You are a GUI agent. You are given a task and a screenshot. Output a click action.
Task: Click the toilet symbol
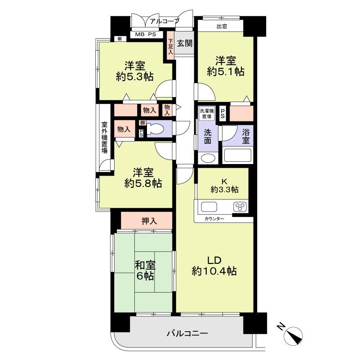click(x=155, y=129)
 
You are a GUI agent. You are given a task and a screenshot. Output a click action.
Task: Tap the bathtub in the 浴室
click(x=237, y=156)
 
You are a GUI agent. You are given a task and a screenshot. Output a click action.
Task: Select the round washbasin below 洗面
click(x=208, y=158)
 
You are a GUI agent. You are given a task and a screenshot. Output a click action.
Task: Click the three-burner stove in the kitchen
click(x=240, y=206)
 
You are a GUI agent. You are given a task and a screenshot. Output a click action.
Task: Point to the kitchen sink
click(x=209, y=207)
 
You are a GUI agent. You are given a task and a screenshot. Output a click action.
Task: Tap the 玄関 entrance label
click(x=185, y=43)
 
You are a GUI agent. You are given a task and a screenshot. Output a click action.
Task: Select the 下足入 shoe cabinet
click(x=170, y=46)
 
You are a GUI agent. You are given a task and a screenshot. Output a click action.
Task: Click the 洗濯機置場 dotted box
click(x=207, y=113)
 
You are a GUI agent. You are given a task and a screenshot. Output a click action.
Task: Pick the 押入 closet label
click(x=149, y=221)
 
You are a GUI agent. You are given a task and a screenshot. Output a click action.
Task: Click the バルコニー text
click(x=187, y=333)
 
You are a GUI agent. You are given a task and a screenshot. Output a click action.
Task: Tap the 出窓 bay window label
click(x=222, y=27)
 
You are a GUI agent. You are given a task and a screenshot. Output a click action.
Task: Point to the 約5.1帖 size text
click(x=226, y=71)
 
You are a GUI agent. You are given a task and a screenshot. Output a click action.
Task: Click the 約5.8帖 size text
click(x=143, y=183)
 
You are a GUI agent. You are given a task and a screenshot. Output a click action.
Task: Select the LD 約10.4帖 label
click(x=214, y=266)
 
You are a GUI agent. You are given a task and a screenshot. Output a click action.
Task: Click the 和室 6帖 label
click(x=145, y=271)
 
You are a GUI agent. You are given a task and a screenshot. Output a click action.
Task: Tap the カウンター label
click(x=214, y=219)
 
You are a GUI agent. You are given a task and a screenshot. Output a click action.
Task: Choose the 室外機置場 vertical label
click(x=104, y=138)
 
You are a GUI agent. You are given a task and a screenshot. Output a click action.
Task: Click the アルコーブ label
click(x=164, y=22)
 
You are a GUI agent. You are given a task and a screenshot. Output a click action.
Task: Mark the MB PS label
click(x=145, y=35)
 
